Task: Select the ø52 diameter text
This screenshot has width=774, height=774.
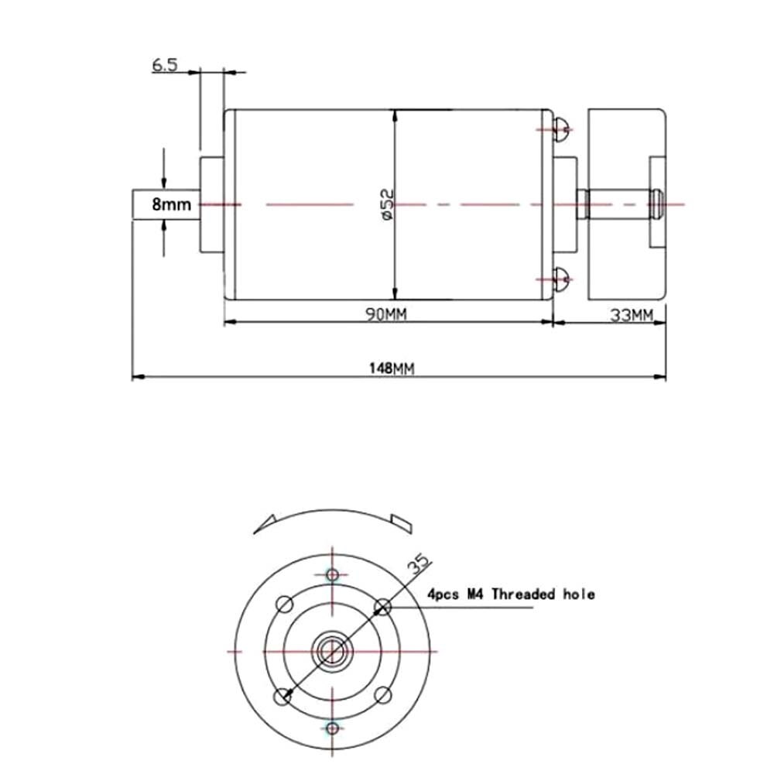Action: point(388,204)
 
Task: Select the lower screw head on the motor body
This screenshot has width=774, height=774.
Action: point(562,277)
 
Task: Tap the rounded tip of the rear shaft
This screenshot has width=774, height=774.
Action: point(657,204)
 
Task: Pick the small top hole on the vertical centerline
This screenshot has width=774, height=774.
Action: point(333,574)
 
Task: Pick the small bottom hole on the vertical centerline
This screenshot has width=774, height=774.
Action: point(333,728)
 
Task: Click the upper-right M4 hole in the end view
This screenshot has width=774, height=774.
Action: point(382,604)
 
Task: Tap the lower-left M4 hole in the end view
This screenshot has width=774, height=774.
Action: point(284,697)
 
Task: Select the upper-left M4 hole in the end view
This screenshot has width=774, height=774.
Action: point(284,604)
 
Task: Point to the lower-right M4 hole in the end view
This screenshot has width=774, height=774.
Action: point(382,697)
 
